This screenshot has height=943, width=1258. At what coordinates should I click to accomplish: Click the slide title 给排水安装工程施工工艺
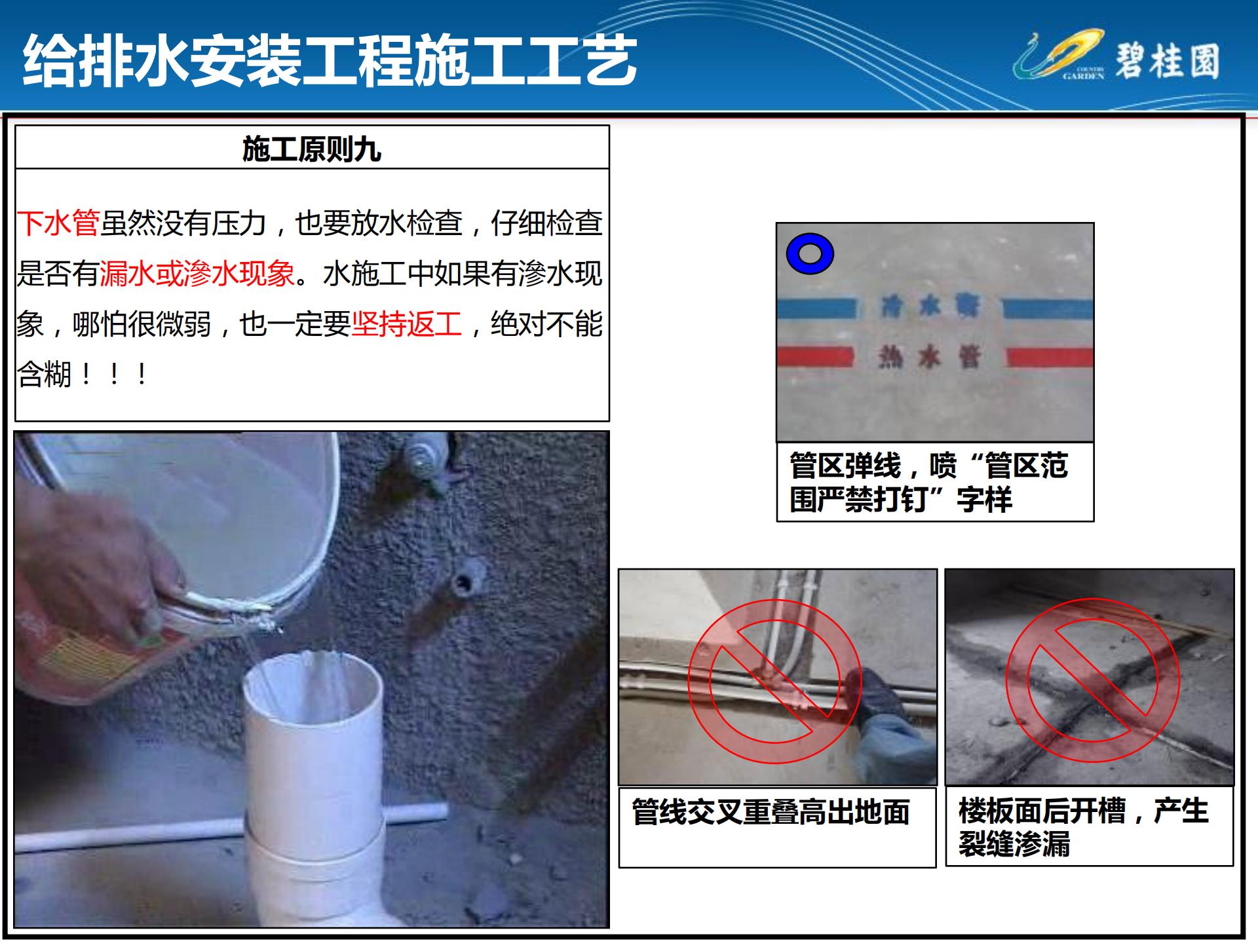[x=330, y=61]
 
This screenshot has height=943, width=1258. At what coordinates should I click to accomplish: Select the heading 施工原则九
[x=312, y=149]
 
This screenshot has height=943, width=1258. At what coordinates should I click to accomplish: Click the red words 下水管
[x=58, y=223]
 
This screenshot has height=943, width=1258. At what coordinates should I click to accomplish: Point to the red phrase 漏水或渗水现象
[x=197, y=273]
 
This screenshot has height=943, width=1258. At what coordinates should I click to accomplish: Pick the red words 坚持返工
[x=407, y=324]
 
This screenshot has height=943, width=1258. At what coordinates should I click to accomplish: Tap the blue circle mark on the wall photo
[x=810, y=254]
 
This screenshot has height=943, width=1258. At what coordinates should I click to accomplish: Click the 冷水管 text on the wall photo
[x=930, y=306]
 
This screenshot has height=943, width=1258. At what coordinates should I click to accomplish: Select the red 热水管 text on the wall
[x=930, y=357]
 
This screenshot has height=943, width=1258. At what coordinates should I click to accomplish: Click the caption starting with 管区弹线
[x=928, y=483]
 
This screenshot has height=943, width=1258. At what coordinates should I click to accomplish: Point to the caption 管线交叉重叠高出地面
[x=771, y=812]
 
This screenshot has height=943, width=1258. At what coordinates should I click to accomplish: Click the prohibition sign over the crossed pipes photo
[x=774, y=681]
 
